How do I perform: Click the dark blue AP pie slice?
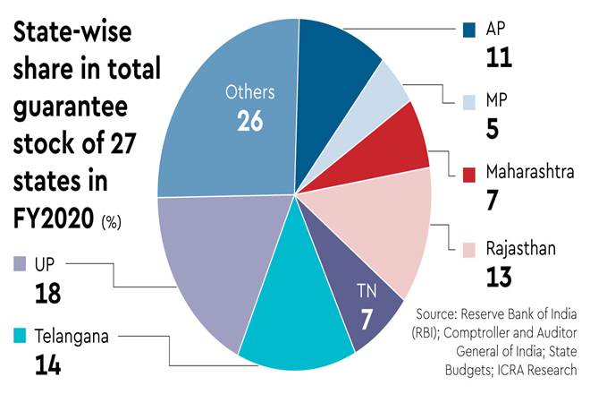(x=336, y=54)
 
